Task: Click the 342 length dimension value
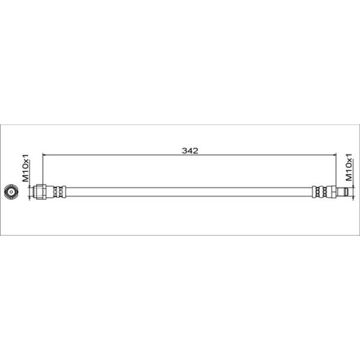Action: [x=190, y=151]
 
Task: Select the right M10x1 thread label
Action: [x=348, y=167]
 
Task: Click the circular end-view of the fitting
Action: [x=11, y=192]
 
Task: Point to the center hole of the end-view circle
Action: [x=11, y=192]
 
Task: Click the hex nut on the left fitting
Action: [x=41, y=192]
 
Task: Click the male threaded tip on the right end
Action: [x=343, y=192]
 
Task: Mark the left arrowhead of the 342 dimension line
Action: [x=44, y=155]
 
